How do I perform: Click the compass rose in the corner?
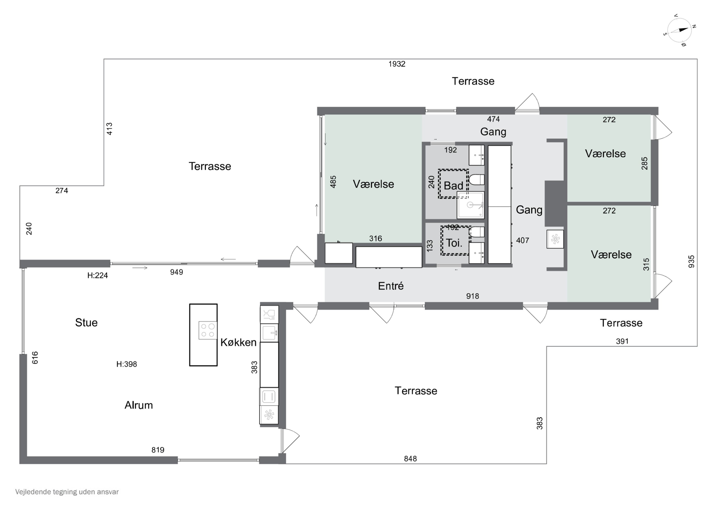[x=679, y=30]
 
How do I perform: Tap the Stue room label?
[x=86, y=322]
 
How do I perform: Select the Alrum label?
[x=139, y=405]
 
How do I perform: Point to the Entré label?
[x=391, y=286]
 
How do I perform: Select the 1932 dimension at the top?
[x=397, y=64]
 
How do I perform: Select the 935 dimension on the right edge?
[x=691, y=262]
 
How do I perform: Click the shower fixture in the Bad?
[x=471, y=205]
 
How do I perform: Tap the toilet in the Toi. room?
[x=477, y=232]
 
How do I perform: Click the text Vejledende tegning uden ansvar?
[x=67, y=492]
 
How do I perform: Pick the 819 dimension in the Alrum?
[x=158, y=450]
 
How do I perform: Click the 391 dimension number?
[x=622, y=341]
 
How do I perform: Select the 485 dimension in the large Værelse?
[x=333, y=182]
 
